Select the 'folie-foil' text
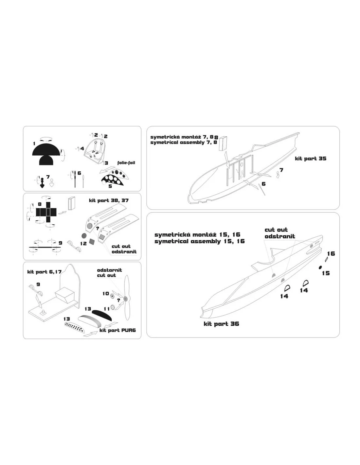[126, 163]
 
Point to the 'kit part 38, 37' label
[109, 200]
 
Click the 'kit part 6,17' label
[44, 272]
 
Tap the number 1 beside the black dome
[34, 144]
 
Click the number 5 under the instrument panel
[110, 186]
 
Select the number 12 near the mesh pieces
[83, 243]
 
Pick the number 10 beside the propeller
[106, 293]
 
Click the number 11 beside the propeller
[107, 309]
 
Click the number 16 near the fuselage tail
[331, 253]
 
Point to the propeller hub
[126, 298]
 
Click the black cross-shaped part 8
[46, 212]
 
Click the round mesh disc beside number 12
[84, 235]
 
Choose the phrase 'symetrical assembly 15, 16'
[199, 241]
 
